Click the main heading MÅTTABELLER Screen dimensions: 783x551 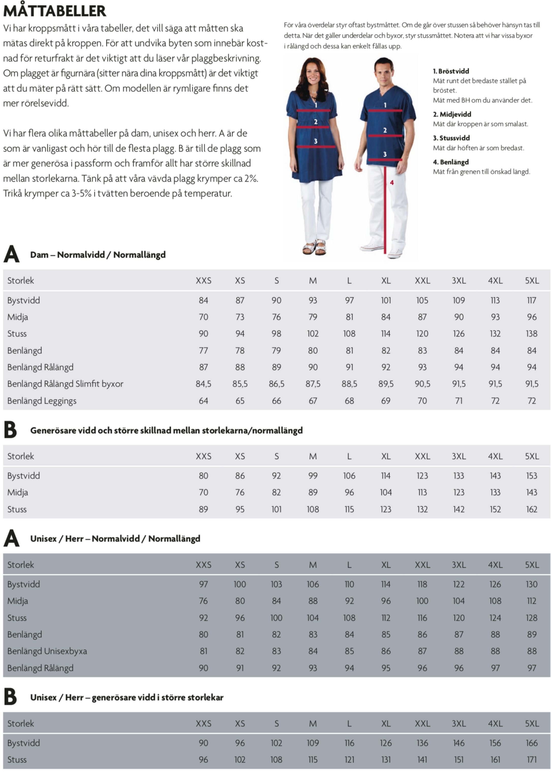coord(55,11)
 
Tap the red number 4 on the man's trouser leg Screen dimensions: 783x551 coord(392,183)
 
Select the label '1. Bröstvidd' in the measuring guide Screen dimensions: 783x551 coord(451,71)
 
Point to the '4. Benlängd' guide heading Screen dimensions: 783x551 coord(451,162)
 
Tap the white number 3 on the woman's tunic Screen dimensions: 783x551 coord(316,141)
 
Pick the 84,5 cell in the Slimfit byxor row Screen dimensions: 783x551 coord(203,384)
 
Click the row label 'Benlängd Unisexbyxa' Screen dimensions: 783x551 coord(47,651)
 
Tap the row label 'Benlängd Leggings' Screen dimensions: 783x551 coord(42,401)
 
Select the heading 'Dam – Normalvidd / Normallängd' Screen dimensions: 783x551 coord(98,255)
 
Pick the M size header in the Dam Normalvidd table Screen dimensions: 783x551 coord(313,281)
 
